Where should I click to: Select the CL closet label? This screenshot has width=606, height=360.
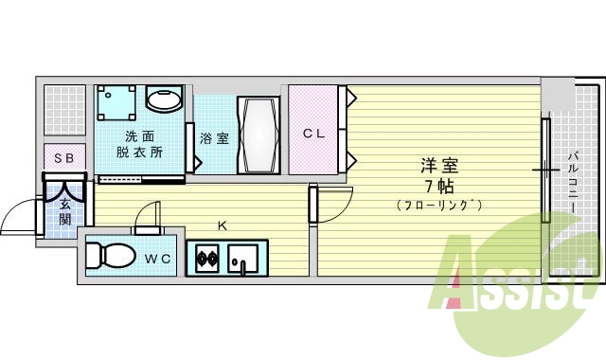313,134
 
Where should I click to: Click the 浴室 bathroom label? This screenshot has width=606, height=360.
214,138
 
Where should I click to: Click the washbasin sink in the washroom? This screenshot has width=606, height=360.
165,99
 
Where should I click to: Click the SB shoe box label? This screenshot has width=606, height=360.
63,158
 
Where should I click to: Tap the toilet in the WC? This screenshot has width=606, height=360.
104,256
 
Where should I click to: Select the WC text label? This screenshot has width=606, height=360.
157,257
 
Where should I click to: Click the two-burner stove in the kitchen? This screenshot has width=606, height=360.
206,256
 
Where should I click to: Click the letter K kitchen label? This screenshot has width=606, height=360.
223,225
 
